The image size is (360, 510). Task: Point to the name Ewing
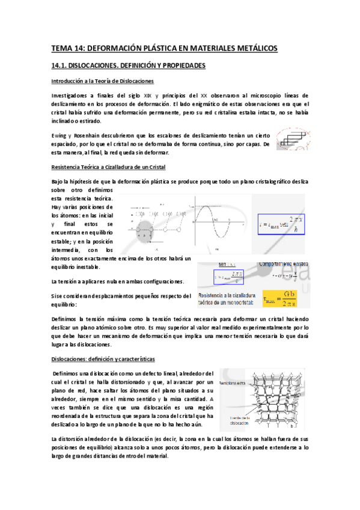pos(59,135)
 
